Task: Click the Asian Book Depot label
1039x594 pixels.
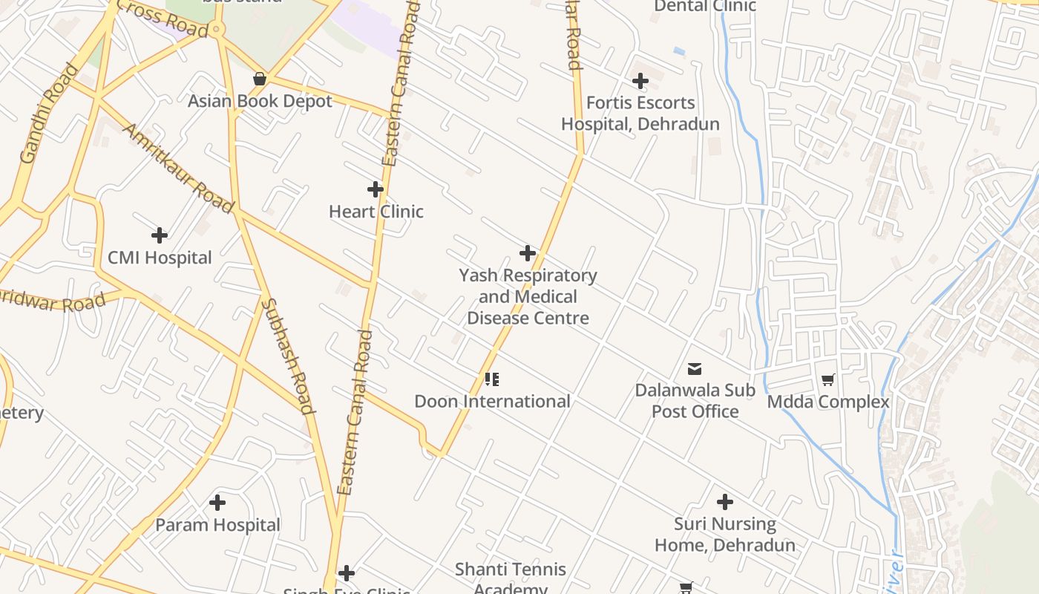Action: click(x=260, y=101)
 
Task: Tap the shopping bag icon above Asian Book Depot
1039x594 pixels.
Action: click(x=260, y=79)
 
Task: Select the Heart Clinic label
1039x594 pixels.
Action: click(x=376, y=212)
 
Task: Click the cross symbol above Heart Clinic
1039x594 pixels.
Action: click(x=376, y=189)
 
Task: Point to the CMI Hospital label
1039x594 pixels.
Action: click(x=160, y=258)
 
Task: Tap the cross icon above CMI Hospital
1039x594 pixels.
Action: click(x=159, y=235)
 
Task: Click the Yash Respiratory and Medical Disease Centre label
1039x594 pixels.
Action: click(x=528, y=297)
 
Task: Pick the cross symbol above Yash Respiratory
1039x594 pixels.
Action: click(x=528, y=253)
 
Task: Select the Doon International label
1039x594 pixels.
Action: click(x=492, y=402)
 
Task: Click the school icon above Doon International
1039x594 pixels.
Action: click(x=491, y=379)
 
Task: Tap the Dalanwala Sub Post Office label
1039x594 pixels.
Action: click(x=695, y=401)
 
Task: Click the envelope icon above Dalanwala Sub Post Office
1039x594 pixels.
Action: click(x=695, y=368)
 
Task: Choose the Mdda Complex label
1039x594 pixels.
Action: click(x=827, y=402)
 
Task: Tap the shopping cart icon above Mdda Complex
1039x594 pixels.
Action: click(x=828, y=380)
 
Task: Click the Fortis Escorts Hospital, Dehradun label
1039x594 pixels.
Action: click(x=640, y=114)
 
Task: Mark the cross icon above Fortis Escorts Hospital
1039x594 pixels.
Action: click(x=640, y=81)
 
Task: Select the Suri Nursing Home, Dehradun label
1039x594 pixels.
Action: click(x=724, y=535)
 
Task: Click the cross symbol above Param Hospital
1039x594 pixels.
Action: click(x=217, y=503)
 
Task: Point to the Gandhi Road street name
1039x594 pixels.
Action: click(x=49, y=114)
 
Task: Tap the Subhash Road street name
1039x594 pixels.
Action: click(x=288, y=356)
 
